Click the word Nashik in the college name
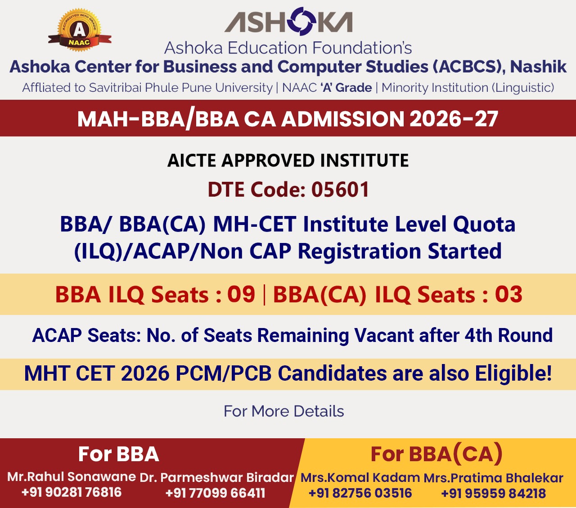click(x=538, y=67)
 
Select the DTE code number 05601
click(x=340, y=189)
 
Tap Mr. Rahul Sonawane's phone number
click(x=72, y=492)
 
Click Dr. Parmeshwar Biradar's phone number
click(x=215, y=493)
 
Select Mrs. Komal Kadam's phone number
click(x=360, y=493)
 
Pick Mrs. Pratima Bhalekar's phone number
click(x=494, y=493)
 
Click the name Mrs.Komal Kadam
click(x=360, y=477)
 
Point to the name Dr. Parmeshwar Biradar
click(x=216, y=477)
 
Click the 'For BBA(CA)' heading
click(x=436, y=454)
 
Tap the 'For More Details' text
click(x=284, y=411)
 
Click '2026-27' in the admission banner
click(x=454, y=119)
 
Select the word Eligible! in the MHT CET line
click(x=513, y=373)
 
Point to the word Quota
click(x=484, y=225)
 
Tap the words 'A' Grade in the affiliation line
click(x=346, y=88)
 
